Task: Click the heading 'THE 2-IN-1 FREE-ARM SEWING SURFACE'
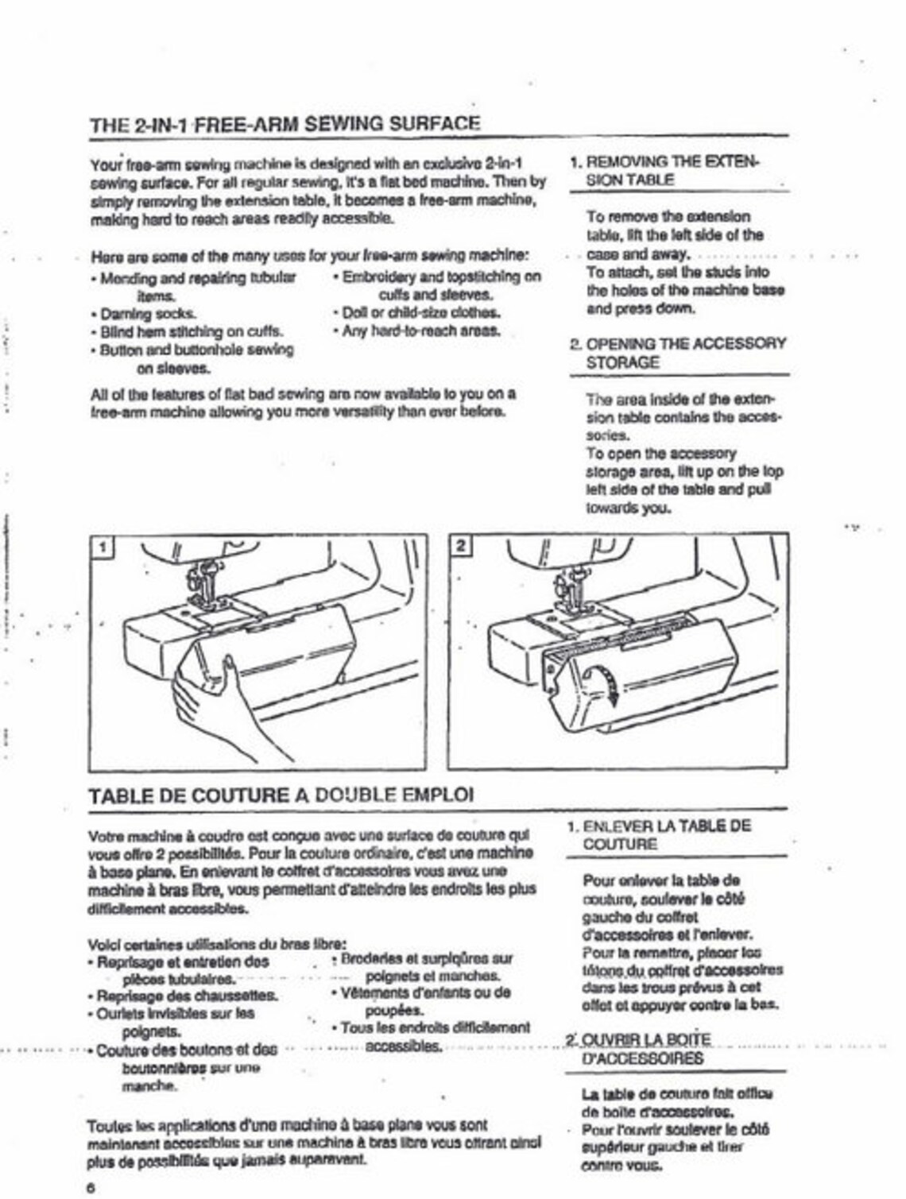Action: click(285, 124)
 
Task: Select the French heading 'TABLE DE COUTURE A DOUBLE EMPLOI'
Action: click(281, 795)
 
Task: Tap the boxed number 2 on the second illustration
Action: click(461, 547)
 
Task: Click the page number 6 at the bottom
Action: click(91, 1188)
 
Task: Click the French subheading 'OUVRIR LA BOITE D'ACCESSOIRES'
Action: click(644, 1049)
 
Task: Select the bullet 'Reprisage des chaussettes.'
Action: click(187, 996)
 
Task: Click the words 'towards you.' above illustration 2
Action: click(628, 509)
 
